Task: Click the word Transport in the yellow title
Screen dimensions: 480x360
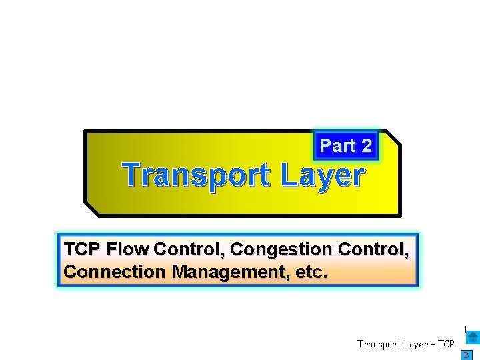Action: [197, 176]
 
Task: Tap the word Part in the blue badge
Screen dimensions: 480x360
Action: [337, 145]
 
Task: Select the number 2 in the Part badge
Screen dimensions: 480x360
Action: [366, 145]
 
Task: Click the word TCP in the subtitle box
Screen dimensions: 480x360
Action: [82, 249]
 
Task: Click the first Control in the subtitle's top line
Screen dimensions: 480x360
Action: [188, 249]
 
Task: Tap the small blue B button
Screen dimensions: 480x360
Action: [467, 355]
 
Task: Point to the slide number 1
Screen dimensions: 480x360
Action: [465, 329]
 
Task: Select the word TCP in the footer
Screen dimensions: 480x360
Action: [445, 344]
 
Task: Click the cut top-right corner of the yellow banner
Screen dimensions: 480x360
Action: [394, 136]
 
